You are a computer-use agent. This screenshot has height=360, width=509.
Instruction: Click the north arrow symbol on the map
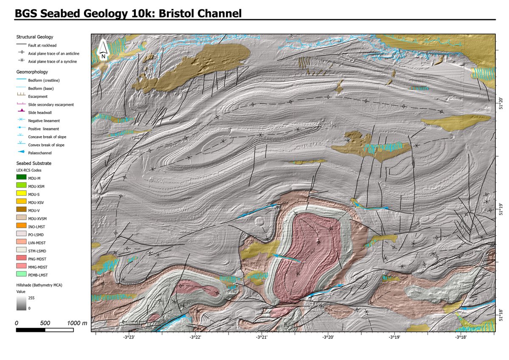(x=103, y=49)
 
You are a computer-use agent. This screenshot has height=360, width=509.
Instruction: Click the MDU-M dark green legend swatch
(x=21, y=177)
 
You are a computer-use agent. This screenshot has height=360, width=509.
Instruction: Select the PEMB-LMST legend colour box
(x=21, y=275)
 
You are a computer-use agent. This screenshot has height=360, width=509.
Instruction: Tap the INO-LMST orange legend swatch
(x=21, y=226)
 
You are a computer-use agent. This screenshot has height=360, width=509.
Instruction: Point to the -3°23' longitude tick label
(x=129, y=338)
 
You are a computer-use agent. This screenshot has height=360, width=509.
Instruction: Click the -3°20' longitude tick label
(x=328, y=338)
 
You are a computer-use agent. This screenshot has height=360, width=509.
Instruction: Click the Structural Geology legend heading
(x=35, y=37)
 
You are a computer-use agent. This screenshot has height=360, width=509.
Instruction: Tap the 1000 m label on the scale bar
(x=77, y=323)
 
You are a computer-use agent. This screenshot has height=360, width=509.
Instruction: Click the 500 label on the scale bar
(x=45, y=323)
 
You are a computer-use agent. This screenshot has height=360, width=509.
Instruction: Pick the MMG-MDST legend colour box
(x=21, y=267)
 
